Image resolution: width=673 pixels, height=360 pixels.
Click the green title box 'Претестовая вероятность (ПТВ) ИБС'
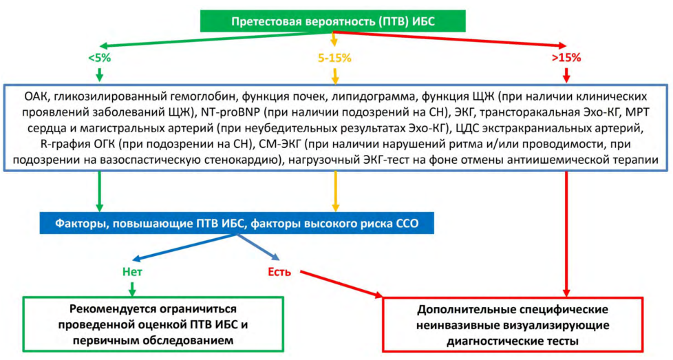(x=332, y=21)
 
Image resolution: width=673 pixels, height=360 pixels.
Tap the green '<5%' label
(x=100, y=58)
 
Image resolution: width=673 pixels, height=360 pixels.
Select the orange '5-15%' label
(x=334, y=58)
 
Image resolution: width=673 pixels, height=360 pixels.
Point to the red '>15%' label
(x=566, y=58)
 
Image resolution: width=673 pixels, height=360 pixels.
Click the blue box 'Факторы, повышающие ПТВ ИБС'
(x=237, y=223)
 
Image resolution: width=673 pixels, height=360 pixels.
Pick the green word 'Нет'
(x=132, y=272)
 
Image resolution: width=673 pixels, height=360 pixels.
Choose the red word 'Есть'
(x=279, y=272)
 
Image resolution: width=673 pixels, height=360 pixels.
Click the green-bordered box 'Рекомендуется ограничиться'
(x=153, y=324)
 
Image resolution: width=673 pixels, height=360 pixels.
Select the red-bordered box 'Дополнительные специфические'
(x=513, y=325)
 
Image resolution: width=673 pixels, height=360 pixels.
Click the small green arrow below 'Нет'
(x=132, y=289)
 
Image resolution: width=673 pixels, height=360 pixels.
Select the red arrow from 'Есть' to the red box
(x=341, y=284)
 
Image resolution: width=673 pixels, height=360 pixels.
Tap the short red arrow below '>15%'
(x=566, y=75)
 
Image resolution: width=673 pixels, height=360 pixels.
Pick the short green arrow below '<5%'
(x=100, y=75)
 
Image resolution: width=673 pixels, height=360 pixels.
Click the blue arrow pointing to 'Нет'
(x=185, y=247)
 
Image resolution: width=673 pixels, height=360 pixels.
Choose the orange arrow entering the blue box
(x=335, y=191)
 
